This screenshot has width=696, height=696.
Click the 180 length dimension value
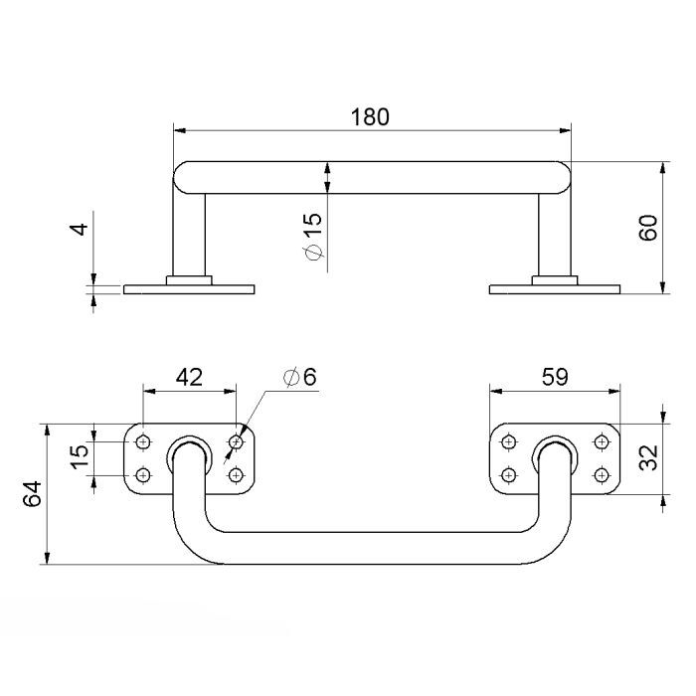tap(370, 117)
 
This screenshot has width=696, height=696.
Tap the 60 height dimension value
tap(648, 228)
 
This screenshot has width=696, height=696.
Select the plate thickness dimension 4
tap(81, 229)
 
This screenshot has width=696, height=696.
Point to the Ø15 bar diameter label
tap(314, 236)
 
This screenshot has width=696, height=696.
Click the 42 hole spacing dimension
tap(189, 377)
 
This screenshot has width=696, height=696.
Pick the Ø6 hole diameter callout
tap(300, 377)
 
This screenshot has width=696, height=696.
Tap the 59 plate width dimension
tap(555, 377)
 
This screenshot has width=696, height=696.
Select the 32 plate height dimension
tap(648, 457)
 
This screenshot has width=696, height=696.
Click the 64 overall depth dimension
tap(33, 493)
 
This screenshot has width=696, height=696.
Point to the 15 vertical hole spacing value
tap(80, 456)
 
